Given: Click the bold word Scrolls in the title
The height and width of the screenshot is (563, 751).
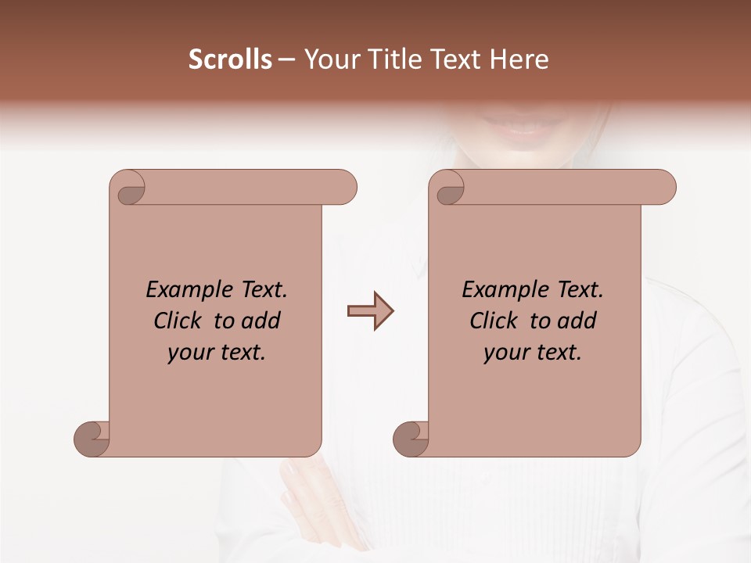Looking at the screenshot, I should (230, 59).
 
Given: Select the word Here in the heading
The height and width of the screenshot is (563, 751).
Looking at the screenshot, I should (519, 59).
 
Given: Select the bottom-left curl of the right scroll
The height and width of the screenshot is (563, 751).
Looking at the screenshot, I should (411, 438).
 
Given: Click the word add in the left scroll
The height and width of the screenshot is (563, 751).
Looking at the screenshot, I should (261, 321).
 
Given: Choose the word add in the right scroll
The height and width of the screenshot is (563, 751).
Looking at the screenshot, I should (577, 321).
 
